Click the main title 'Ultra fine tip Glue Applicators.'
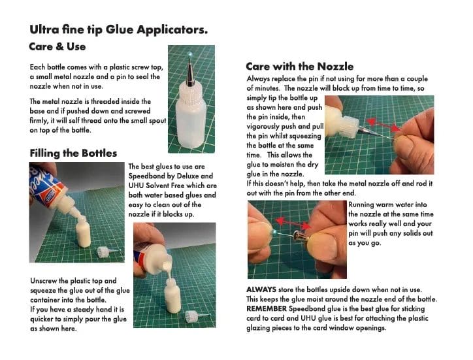pyautogui.click(x=119, y=29)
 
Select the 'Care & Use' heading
pyautogui.click(x=57, y=47)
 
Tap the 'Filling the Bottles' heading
pyautogui.click(x=73, y=153)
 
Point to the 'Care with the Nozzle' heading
pyautogui.click(x=300, y=66)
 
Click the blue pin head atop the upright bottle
pyautogui.click(x=189, y=53)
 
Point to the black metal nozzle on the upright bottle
pyautogui.click(x=190, y=76)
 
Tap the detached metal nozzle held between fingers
pyautogui.click(x=301, y=234)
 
